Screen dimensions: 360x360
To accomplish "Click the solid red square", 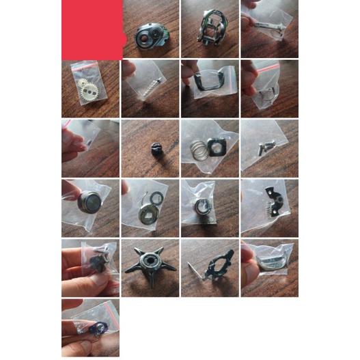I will (x=91, y=29).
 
